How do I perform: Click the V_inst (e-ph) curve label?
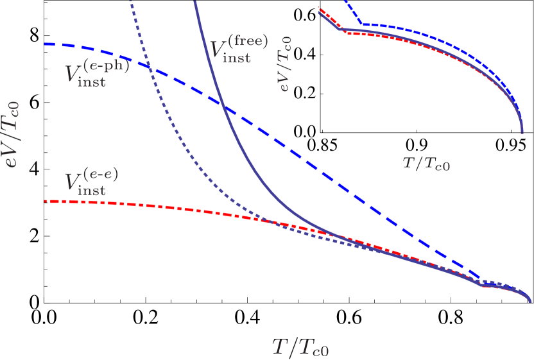(x=96, y=72)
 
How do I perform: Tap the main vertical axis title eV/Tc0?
(x=12, y=134)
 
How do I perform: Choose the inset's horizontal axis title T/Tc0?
(x=426, y=163)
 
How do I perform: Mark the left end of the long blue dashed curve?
(x=46, y=44)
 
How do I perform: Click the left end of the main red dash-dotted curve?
(x=46, y=201)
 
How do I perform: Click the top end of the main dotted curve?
(x=130, y=2)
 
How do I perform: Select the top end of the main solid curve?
(x=194, y=2)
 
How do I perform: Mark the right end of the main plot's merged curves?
(x=531, y=300)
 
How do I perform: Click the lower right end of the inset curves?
(x=522, y=132)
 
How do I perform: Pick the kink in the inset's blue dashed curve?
(x=362, y=24)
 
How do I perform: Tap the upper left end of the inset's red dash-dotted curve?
(x=320, y=8)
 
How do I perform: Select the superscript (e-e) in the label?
(x=103, y=174)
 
